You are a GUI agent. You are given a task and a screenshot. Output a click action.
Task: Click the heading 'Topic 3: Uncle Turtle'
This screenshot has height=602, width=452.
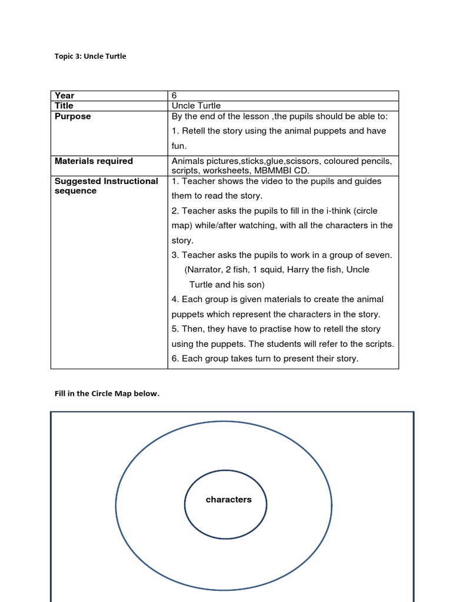(90, 56)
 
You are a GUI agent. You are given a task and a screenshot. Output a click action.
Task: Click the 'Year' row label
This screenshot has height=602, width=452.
(65, 95)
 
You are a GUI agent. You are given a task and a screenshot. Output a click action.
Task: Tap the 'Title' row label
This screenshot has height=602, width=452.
(64, 106)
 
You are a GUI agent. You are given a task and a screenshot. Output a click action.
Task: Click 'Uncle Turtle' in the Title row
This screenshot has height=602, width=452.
(196, 106)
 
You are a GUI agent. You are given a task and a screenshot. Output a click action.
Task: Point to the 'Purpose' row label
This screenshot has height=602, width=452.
(72, 116)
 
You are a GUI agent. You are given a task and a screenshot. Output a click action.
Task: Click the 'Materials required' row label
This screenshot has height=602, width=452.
(94, 161)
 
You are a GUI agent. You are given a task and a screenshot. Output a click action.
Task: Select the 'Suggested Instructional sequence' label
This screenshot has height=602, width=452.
(106, 186)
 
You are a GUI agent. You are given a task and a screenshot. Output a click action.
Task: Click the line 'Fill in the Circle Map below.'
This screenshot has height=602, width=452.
(107, 394)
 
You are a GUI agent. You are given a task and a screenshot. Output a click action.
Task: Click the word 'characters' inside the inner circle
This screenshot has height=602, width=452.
(228, 500)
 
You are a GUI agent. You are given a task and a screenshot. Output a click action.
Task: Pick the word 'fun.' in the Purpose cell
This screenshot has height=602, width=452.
(179, 146)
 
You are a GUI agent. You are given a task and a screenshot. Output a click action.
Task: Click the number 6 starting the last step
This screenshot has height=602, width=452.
(175, 359)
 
